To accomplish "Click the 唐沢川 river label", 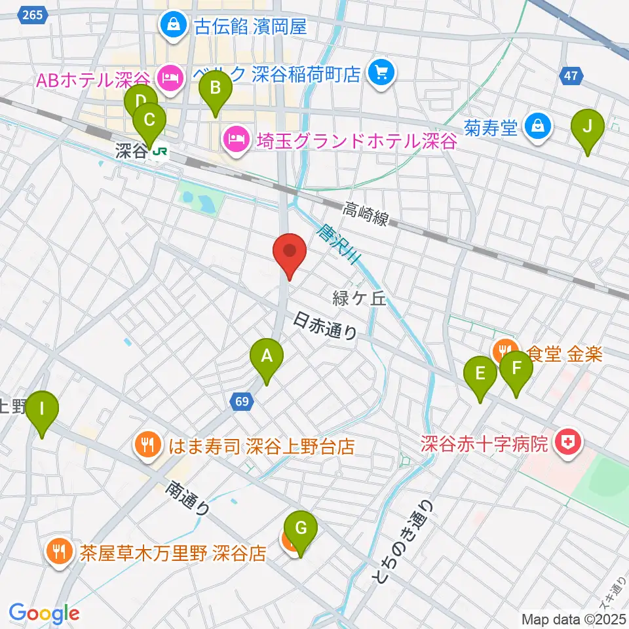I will (338, 245).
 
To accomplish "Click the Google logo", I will (44, 613).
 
